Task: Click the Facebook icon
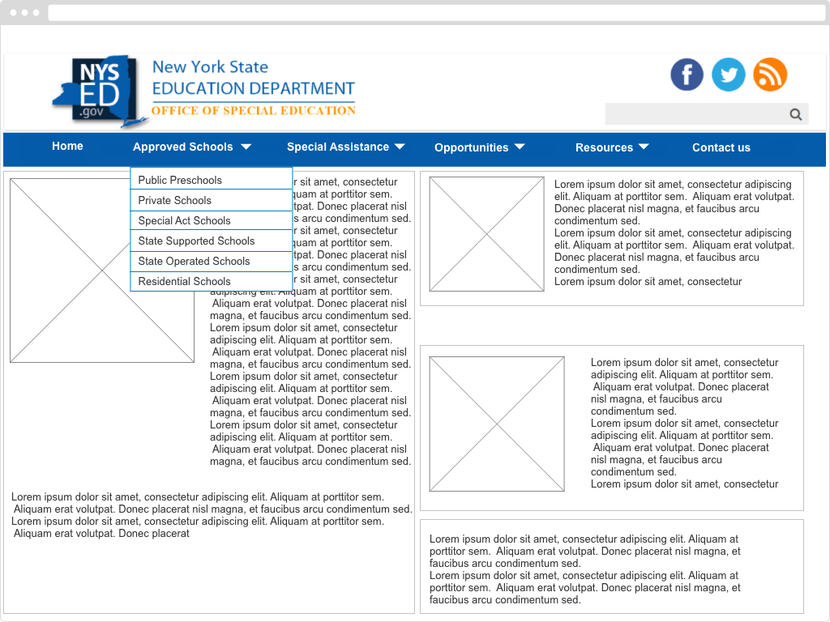(687, 75)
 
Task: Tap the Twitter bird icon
(729, 75)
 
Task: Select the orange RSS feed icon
(770, 75)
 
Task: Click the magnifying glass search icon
(796, 114)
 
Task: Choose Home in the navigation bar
(67, 146)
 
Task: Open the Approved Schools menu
(183, 147)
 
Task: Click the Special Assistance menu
(338, 147)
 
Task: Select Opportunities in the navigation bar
(472, 147)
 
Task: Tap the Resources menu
(604, 147)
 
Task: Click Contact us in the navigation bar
(721, 147)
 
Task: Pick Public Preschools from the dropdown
(180, 180)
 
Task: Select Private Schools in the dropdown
(175, 200)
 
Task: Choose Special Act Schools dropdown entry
(185, 220)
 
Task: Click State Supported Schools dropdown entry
(196, 241)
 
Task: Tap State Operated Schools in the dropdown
(194, 261)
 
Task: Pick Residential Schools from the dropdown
(185, 281)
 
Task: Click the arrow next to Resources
(644, 147)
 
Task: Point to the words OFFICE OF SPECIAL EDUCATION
(254, 110)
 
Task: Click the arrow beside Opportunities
(520, 147)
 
